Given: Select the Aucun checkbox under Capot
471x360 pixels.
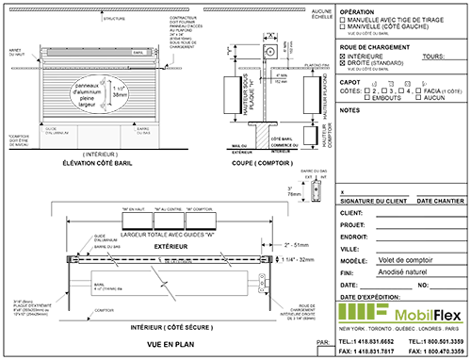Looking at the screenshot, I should point(418,96).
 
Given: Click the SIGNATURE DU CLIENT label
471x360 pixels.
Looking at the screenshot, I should point(371,202).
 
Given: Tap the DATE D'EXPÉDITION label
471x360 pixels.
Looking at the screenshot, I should point(370,296).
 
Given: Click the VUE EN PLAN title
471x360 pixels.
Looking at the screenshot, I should point(152,343).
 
